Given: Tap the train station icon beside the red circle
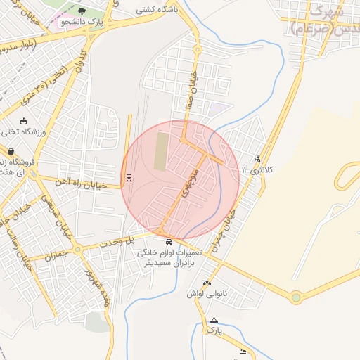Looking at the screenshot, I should (128, 178).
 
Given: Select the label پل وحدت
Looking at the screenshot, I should (140, 240).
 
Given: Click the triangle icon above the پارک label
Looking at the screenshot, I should (214, 320).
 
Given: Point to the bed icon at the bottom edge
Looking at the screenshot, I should (243, 352).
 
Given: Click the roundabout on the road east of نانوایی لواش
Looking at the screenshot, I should (296, 297).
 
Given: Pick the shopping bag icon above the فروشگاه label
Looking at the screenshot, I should (11, 150).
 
